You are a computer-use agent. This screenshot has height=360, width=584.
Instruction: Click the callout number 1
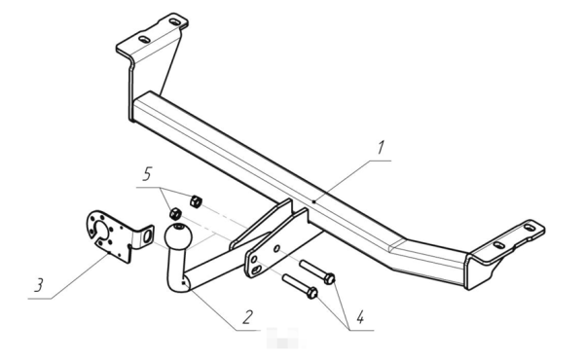point(381,148)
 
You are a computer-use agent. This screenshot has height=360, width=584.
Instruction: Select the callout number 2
point(247,317)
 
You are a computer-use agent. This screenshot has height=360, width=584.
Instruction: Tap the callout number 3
point(39,285)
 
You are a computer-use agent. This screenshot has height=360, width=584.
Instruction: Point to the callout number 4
point(360,317)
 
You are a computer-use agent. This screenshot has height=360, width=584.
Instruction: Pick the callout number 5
point(147,174)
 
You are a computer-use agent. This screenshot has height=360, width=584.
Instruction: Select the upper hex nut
point(196,201)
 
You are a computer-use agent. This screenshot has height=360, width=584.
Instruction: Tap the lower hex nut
point(176,214)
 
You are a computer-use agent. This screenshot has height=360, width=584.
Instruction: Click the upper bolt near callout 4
point(317,271)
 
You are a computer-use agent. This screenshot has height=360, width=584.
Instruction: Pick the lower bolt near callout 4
point(300,286)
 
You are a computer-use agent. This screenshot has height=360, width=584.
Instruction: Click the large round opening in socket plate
point(101,231)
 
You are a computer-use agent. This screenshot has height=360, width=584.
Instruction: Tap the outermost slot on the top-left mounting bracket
point(174,21)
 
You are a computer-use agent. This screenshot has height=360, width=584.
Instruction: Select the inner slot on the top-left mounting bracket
point(144,39)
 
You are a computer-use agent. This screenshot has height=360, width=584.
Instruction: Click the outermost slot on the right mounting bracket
point(529,227)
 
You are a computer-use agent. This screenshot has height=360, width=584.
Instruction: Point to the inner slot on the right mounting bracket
point(499,245)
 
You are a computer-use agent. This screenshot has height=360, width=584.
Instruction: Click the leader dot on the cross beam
point(314,201)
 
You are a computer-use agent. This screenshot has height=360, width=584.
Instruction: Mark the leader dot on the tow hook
point(183,283)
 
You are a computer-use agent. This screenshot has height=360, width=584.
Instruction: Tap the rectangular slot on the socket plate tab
point(148,235)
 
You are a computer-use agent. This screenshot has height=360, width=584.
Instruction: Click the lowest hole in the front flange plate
point(256,270)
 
